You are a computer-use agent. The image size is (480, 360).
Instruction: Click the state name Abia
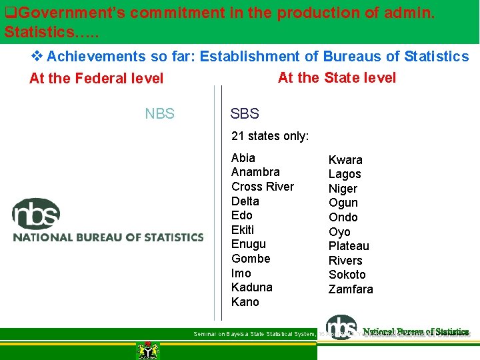[243, 158]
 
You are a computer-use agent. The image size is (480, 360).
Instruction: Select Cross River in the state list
[263, 187]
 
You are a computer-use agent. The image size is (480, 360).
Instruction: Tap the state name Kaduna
[251, 287]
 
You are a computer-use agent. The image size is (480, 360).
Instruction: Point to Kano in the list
[245, 302]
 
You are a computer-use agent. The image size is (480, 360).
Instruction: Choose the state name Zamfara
[351, 289]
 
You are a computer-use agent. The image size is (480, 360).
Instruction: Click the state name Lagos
[345, 174]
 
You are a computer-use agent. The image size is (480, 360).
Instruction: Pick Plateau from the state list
[349, 246]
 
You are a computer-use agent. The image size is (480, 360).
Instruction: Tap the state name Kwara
[345, 160]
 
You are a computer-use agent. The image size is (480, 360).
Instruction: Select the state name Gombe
[251, 259]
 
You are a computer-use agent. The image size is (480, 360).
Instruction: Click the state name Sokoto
[347, 275]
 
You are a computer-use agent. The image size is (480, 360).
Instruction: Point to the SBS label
[245, 114]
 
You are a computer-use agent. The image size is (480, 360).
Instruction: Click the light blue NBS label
[160, 114]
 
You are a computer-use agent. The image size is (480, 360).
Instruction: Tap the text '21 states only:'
[270, 136]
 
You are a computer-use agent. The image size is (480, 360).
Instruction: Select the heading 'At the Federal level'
[97, 79]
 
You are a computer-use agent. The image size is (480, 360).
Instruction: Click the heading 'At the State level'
[337, 77]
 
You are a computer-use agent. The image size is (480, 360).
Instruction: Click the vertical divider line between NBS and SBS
[222, 200]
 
